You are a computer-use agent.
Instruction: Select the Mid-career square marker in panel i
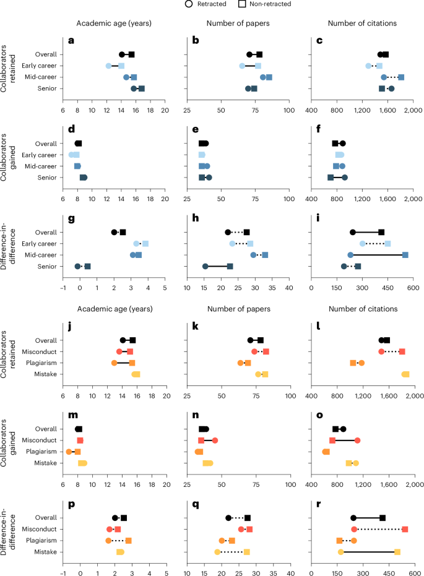click(405, 255)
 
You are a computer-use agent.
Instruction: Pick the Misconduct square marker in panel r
click(405, 529)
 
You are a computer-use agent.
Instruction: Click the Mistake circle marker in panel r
click(340, 551)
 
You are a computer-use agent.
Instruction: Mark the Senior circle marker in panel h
click(205, 267)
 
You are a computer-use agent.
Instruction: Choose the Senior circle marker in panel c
click(391, 88)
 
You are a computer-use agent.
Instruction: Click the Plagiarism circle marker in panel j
click(114, 363)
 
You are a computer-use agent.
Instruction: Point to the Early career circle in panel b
click(242, 66)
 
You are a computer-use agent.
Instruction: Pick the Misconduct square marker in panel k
click(266, 351)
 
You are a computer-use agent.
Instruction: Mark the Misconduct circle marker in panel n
click(215, 441)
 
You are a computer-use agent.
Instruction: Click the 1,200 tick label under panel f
click(362, 200)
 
